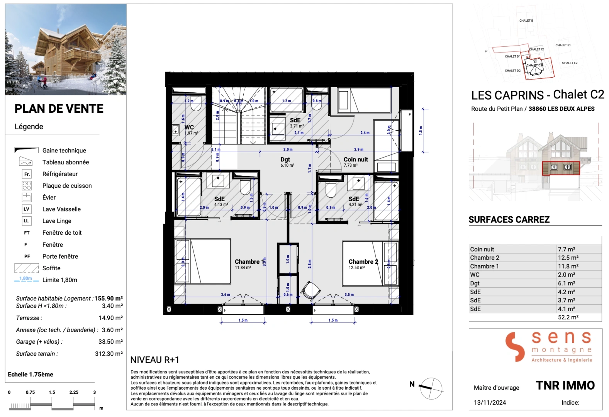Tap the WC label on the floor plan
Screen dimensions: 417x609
189,127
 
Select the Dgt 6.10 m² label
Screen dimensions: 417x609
285,162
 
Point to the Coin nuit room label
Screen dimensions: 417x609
356,159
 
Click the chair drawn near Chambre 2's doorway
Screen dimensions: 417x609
311,290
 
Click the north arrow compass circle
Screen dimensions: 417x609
431,388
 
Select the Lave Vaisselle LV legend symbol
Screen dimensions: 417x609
26,209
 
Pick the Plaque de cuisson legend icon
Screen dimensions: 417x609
26,186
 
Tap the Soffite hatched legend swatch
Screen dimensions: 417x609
26,268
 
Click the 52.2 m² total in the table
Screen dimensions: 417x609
568,317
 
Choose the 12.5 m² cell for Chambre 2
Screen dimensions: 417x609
568,258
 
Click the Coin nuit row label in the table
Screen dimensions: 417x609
482,249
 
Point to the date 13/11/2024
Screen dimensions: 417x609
490,402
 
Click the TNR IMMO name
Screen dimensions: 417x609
565,385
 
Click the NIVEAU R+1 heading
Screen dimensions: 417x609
155,360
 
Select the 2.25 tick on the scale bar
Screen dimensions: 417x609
74,392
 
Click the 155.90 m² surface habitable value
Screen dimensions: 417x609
109,298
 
